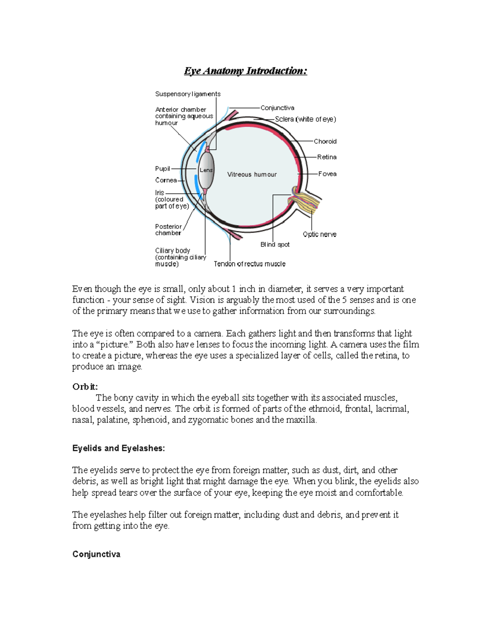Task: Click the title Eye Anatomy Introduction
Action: pos(245,71)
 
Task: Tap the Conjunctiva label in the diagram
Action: pos(277,108)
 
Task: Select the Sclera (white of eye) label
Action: pos(305,119)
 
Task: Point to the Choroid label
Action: pos(325,142)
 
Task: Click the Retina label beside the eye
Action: pos(326,157)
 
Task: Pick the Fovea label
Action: pos(327,174)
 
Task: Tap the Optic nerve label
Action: pos(319,234)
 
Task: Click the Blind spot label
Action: pos(275,244)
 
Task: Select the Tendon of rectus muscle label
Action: pos(249,264)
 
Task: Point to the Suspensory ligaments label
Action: pos(188,94)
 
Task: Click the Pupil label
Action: pos(162,169)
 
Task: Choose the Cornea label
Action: pos(166,180)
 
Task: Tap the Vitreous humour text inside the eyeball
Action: pos(252,174)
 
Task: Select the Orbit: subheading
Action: pos(85,387)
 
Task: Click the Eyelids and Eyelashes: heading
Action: pos(118,448)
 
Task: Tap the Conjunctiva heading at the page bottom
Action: pos(96,554)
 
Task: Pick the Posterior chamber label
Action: pos(168,230)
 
